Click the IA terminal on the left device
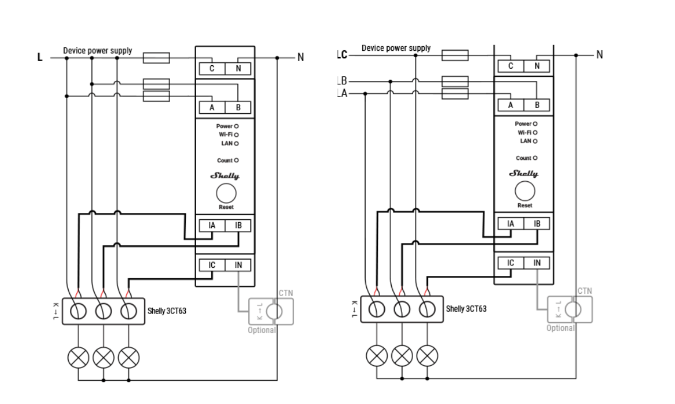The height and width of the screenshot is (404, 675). [212, 226]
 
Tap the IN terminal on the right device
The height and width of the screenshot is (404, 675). [537, 263]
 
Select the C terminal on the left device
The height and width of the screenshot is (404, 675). [212, 69]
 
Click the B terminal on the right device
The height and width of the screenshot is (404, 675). [537, 105]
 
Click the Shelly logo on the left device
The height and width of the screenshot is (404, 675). [225, 175]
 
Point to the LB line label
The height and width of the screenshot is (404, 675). [342, 81]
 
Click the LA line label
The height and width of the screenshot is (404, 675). [342, 93]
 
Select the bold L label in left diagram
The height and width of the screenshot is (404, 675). [40, 58]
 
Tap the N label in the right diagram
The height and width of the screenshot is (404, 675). [599, 55]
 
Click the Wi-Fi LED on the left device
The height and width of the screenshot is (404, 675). [236, 134]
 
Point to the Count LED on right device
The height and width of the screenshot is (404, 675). [535, 158]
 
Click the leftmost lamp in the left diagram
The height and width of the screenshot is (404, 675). [78, 358]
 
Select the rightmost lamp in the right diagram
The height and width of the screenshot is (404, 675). [427, 354]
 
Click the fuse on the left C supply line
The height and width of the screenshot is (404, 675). [156, 58]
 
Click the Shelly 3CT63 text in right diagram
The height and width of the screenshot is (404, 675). [466, 309]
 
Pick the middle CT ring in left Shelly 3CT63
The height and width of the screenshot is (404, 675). [103, 312]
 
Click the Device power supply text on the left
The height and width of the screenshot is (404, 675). [97, 51]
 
